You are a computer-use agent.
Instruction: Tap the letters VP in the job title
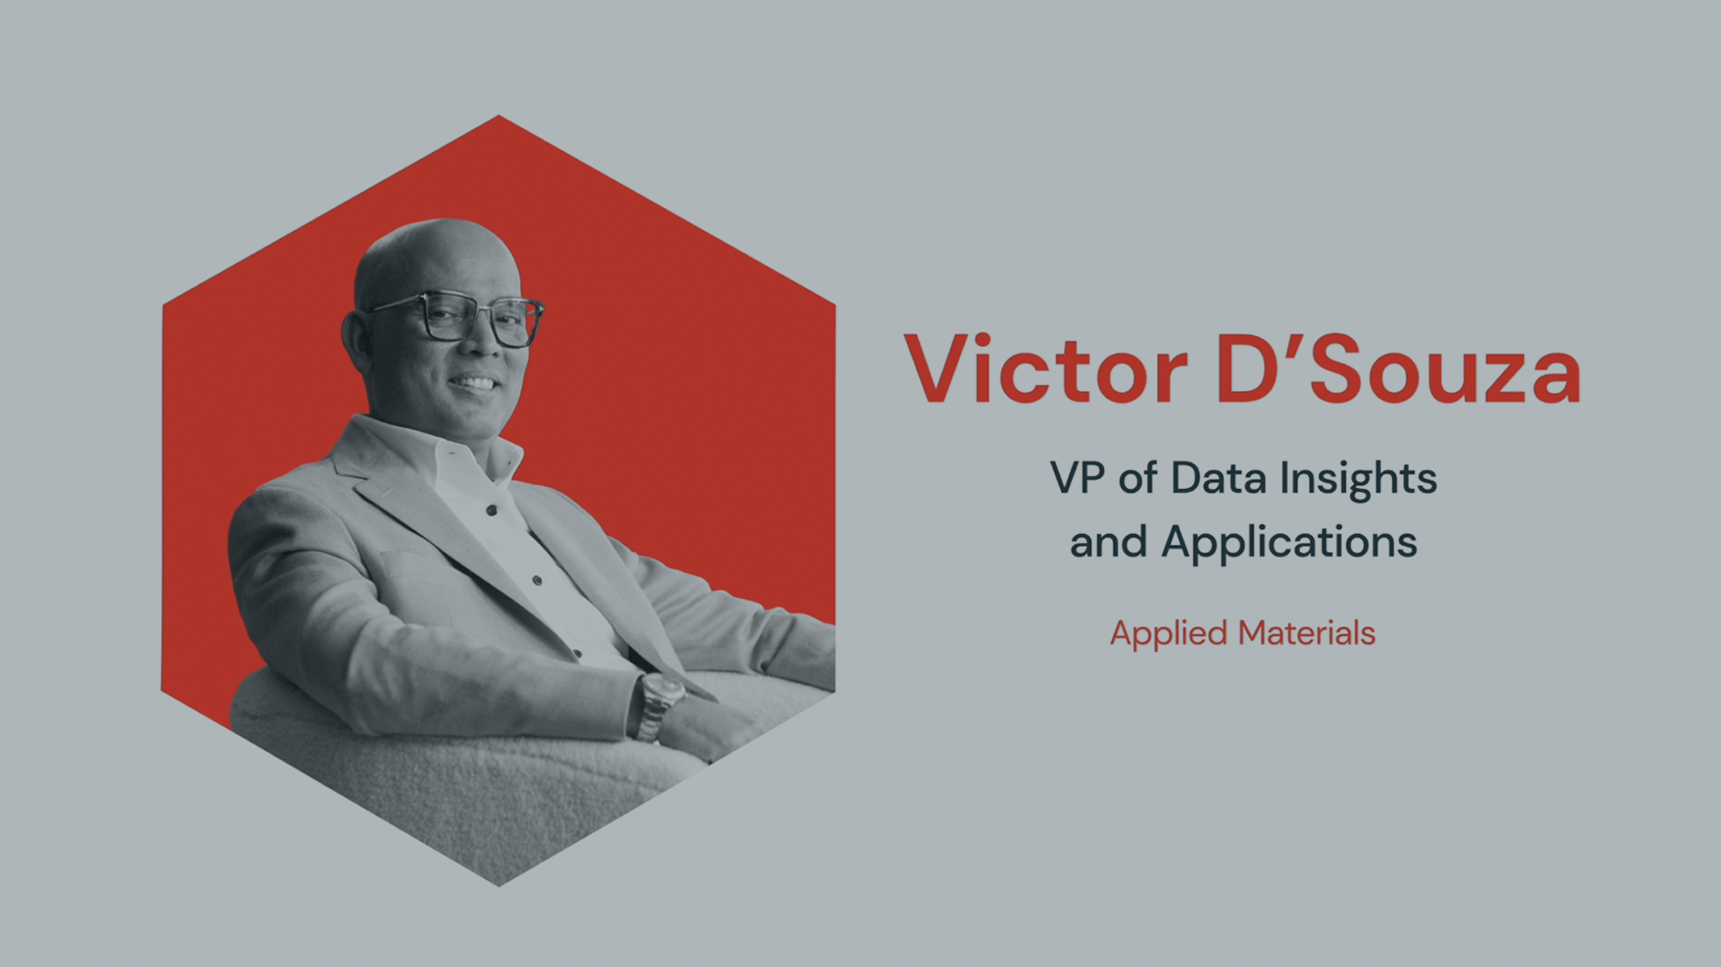point(1078,478)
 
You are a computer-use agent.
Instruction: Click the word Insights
point(1358,481)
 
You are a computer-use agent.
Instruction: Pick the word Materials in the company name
point(1306,633)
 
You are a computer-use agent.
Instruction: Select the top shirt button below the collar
point(492,510)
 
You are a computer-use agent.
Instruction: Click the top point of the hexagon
point(499,115)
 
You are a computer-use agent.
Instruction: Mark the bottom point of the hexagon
point(499,886)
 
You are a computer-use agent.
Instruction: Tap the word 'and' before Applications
point(1109,542)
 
